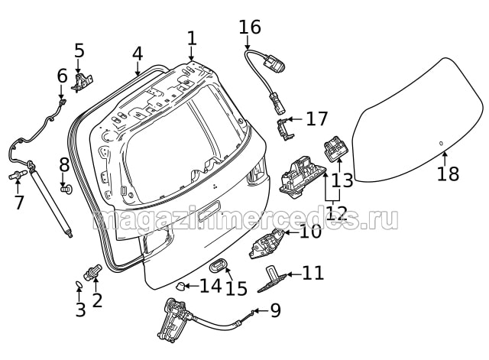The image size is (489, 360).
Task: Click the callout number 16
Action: click(x=250, y=28)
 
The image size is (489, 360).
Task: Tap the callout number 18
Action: click(x=449, y=174)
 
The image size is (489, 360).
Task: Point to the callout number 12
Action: click(x=336, y=213)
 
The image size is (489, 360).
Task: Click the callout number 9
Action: click(x=275, y=310)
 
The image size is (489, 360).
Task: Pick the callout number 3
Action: click(x=80, y=310)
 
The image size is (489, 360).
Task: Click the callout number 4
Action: click(x=138, y=54)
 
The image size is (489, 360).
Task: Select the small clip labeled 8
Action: click(x=64, y=186)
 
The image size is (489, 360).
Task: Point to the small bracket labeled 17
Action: click(x=284, y=128)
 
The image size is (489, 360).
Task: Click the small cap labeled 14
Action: click(x=181, y=287)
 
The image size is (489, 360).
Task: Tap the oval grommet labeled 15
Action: click(x=218, y=266)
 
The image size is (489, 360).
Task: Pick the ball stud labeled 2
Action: click(x=94, y=270)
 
